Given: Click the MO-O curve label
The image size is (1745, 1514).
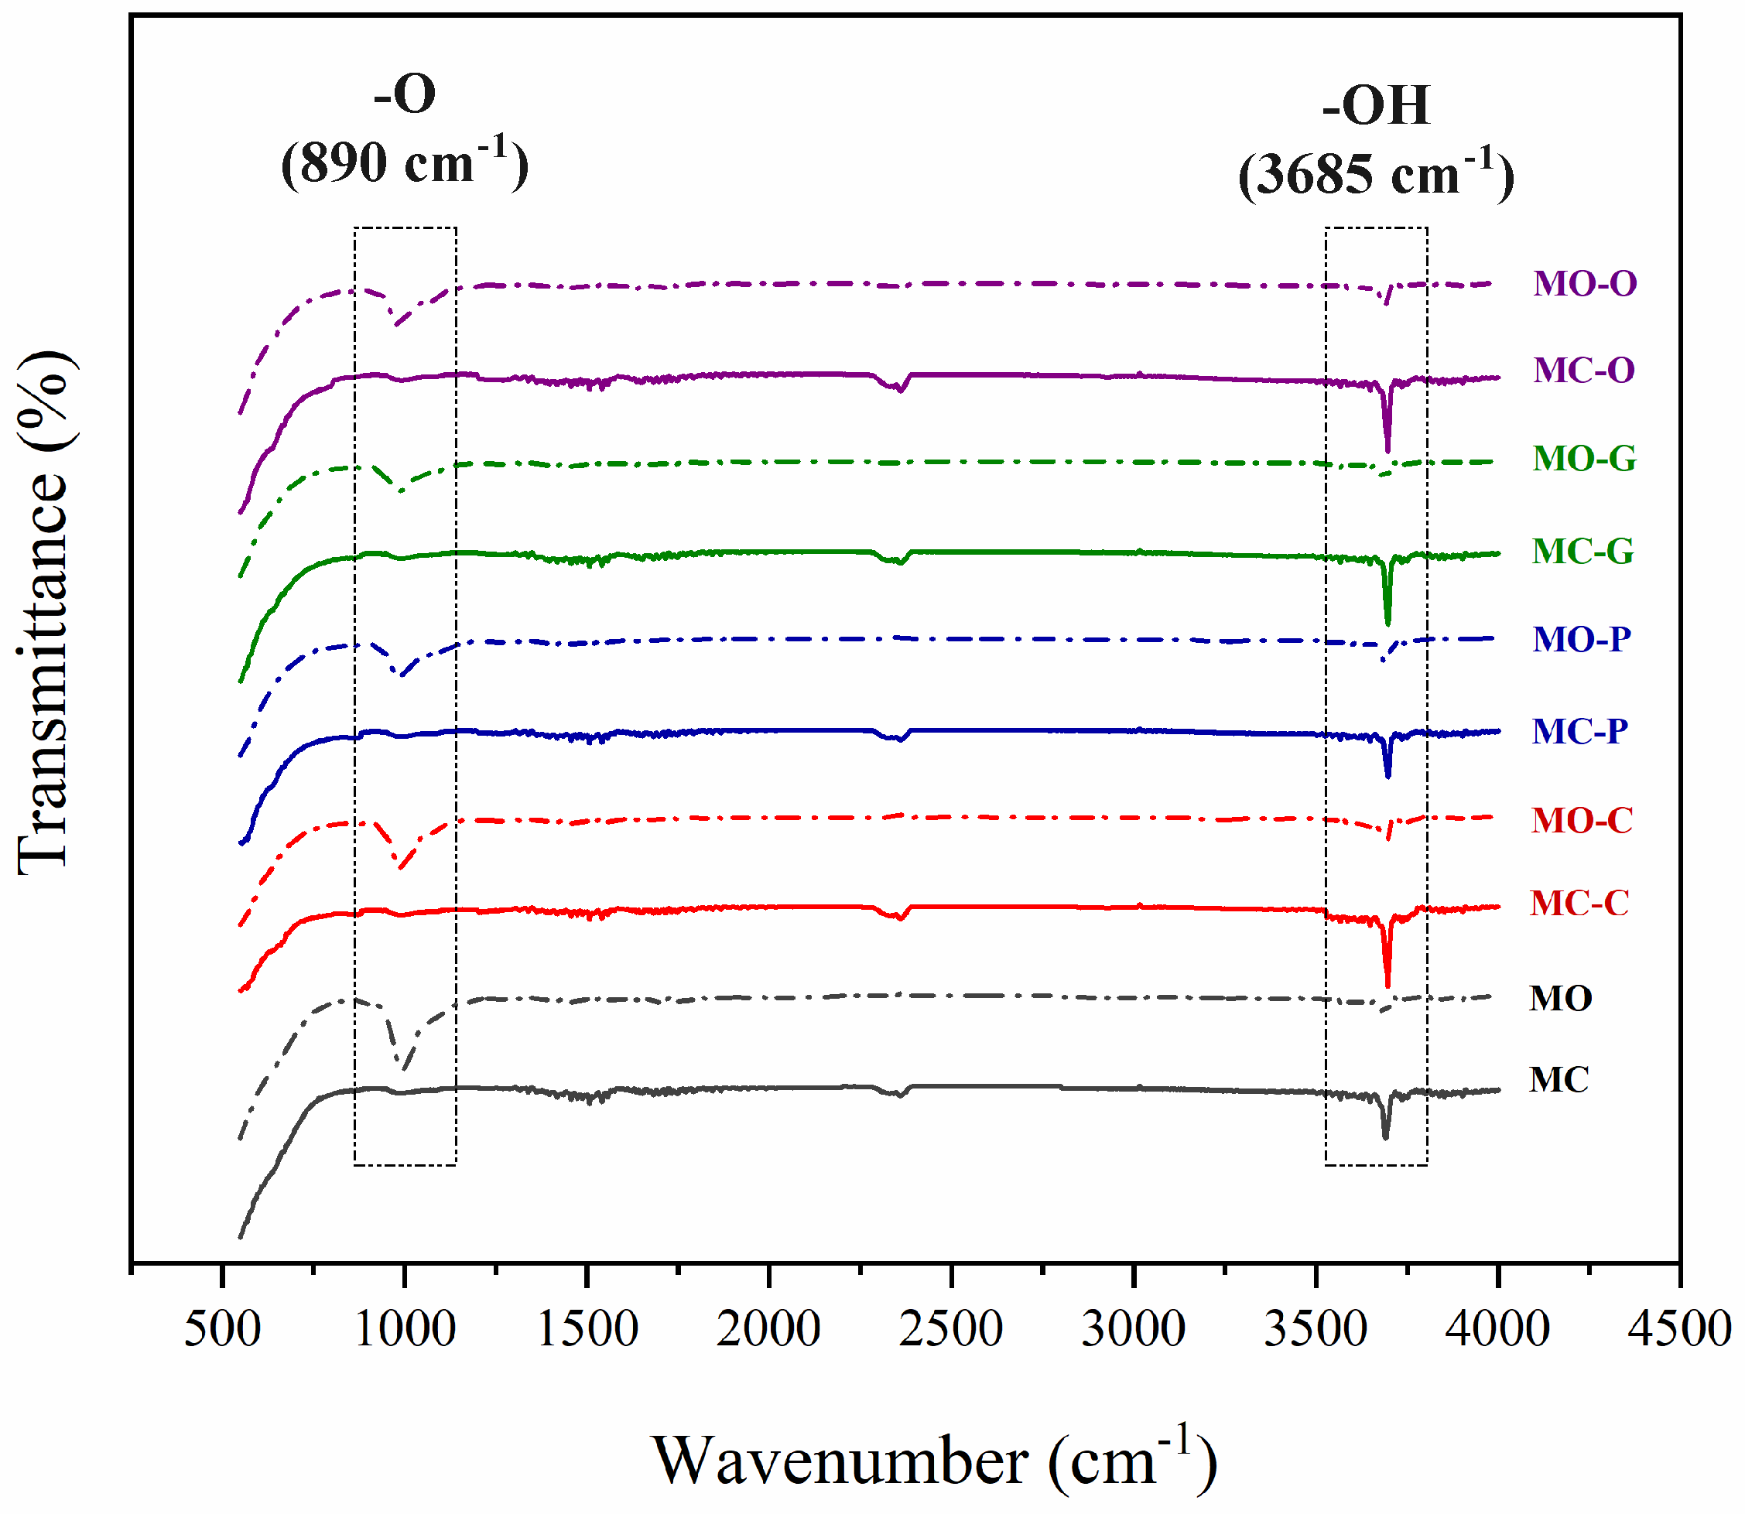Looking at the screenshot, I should pyautogui.click(x=1585, y=284).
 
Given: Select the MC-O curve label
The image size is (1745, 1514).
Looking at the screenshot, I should pyautogui.click(x=1583, y=371).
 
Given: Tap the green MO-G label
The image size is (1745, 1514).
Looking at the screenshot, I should pyautogui.click(x=1585, y=459).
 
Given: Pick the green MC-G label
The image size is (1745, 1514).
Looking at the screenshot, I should pyautogui.click(x=1582, y=552).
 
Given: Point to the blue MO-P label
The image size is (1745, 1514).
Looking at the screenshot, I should pyautogui.click(x=1581, y=640).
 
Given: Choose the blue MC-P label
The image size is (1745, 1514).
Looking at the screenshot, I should pyautogui.click(x=1579, y=732).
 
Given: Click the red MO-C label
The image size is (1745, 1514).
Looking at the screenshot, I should pyautogui.click(x=1581, y=820).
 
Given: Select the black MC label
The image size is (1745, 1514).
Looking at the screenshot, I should pyautogui.click(x=1559, y=1081).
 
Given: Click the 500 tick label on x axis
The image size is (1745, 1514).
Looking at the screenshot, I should pyautogui.click(x=222, y=1329).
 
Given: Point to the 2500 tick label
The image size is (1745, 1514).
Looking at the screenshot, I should pyautogui.click(x=951, y=1329).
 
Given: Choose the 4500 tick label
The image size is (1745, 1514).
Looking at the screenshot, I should pyautogui.click(x=1680, y=1329).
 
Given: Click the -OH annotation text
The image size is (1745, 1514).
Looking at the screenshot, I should pyautogui.click(x=1376, y=106).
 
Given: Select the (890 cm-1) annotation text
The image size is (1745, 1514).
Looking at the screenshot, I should pyautogui.click(x=404, y=162).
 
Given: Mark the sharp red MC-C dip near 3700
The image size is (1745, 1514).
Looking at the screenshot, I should pyautogui.click(x=1387, y=980).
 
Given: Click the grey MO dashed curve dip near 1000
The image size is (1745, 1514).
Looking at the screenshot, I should pyautogui.click(x=404, y=1066).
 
